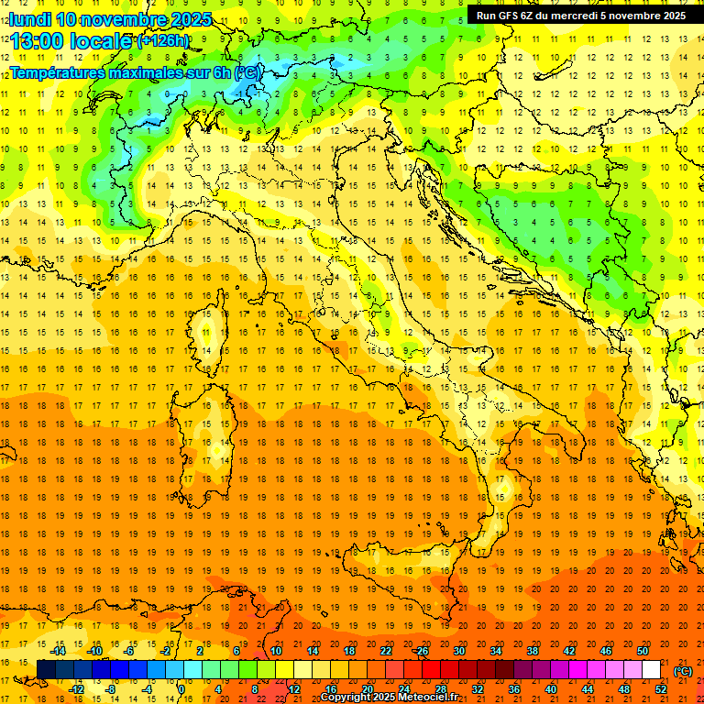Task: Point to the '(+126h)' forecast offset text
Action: pyautogui.click(x=163, y=41)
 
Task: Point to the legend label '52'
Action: pyautogui.click(x=661, y=688)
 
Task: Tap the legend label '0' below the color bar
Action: pyautogui.click(x=181, y=688)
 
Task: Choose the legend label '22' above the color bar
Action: pyautogui.click(x=386, y=651)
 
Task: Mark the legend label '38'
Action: pyautogui.click(x=533, y=651)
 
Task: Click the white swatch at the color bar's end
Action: pyautogui.click(x=651, y=669)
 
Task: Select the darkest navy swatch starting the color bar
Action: pyautogui.click(x=46, y=669)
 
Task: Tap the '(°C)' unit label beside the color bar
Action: pyautogui.click(x=682, y=670)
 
